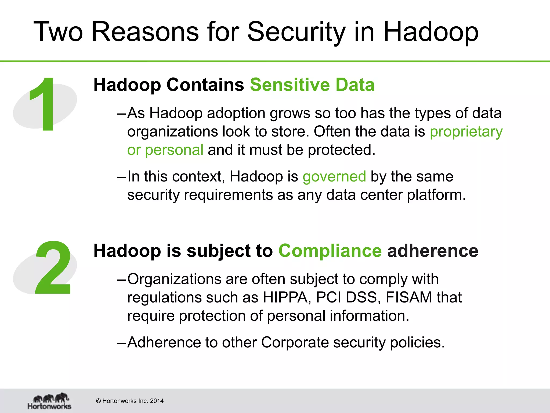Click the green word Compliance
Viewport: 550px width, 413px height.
[x=330, y=251]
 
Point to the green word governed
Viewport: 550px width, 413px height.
[x=334, y=177]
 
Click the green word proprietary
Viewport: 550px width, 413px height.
[x=466, y=132]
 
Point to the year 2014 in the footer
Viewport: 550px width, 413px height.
[x=157, y=401]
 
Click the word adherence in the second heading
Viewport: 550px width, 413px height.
[x=432, y=251]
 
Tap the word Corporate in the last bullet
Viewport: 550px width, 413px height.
[x=295, y=343]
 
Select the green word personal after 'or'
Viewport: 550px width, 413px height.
[x=174, y=150]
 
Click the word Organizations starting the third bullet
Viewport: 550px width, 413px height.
[x=174, y=279]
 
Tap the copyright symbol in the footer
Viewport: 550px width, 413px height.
[x=98, y=401]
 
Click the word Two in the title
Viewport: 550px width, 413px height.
[x=58, y=32]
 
